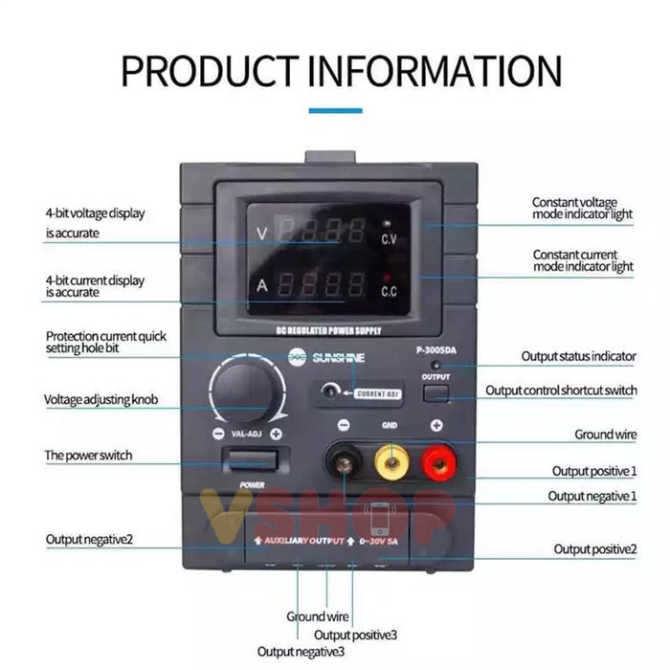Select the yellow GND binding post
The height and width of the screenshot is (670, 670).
[x=390, y=465]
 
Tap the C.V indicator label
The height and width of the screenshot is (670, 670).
[x=390, y=237]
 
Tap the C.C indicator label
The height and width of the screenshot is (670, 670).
[x=390, y=290]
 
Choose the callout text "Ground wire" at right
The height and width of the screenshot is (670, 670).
[x=605, y=435]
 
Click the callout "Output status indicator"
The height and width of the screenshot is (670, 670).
[x=578, y=356]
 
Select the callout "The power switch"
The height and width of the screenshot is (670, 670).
[x=89, y=456]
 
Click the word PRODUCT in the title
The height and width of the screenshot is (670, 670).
[x=206, y=72]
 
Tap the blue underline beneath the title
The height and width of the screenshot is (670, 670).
[x=335, y=111]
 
